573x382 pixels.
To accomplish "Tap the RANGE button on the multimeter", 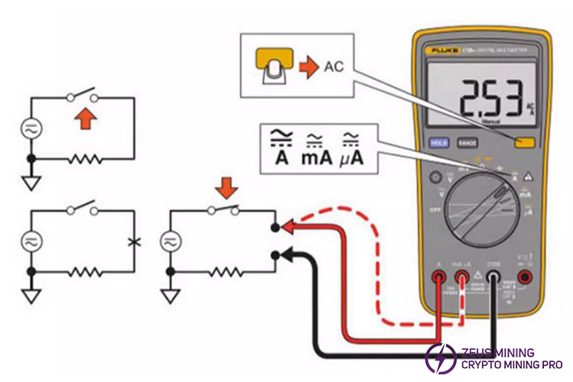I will coord(467,142).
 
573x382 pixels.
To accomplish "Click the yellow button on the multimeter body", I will coord(523,141).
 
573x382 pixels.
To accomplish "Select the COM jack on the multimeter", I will coord(494,280).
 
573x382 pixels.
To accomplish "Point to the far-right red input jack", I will coord(526,279).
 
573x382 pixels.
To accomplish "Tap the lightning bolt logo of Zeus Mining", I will coord(441,358).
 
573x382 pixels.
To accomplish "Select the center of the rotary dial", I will coord(480,206).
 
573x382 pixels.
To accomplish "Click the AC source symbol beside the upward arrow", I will coord(31,128).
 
